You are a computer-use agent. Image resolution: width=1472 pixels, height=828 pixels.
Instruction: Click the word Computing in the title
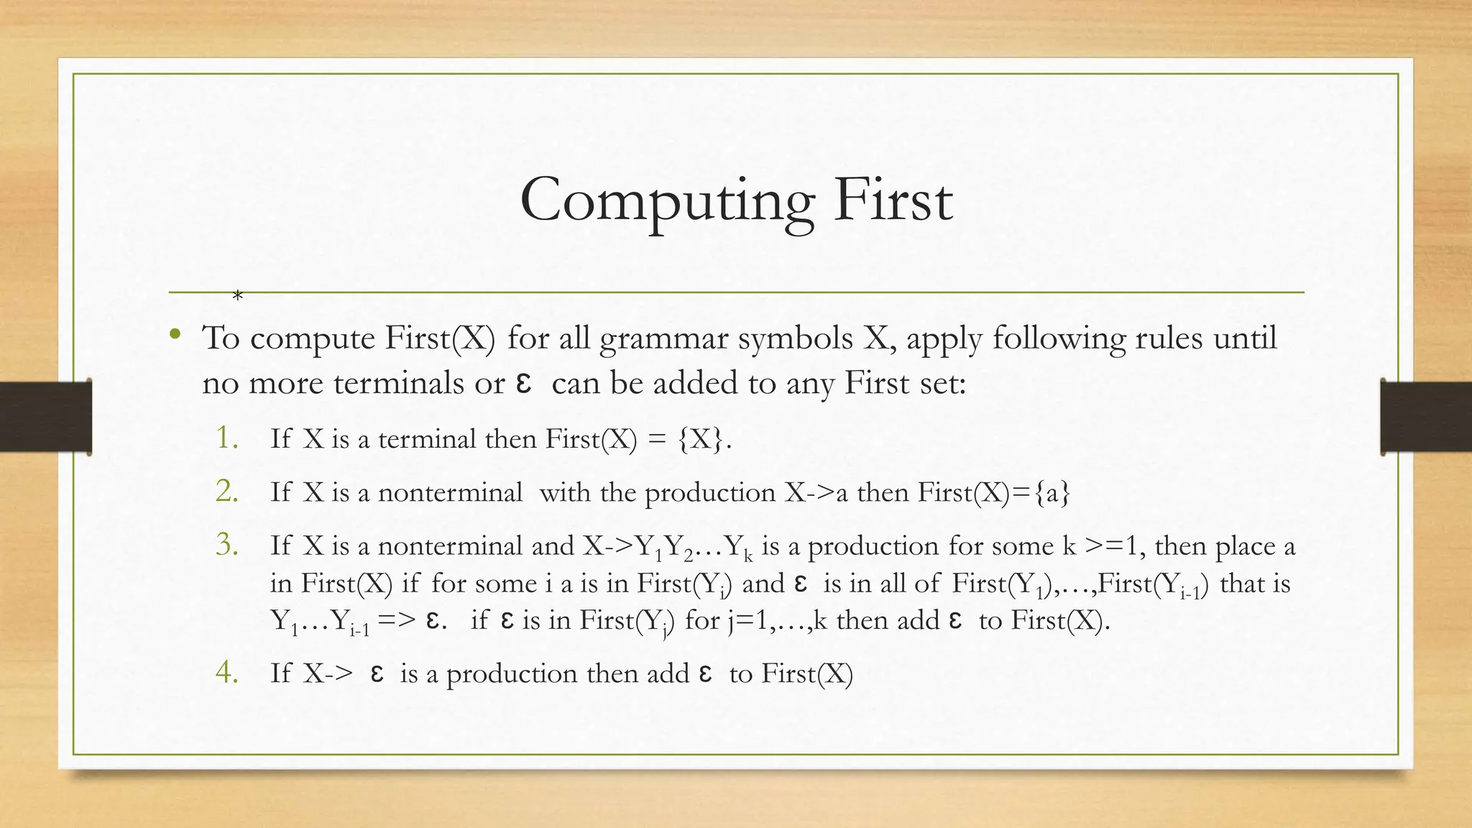[666, 201]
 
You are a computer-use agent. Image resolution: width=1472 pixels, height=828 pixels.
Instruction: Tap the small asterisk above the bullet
[238, 295]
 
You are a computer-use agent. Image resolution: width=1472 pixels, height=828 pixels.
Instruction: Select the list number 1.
[227, 437]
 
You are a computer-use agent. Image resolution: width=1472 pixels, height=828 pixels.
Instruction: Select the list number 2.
[227, 491]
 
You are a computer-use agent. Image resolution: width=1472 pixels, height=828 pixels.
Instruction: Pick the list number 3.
[227, 545]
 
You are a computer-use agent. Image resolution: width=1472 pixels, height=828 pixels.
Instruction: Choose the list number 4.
[227, 672]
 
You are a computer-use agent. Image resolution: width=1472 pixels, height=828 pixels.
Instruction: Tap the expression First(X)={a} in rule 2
[994, 493]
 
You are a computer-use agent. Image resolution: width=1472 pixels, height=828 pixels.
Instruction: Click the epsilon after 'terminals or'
[524, 382]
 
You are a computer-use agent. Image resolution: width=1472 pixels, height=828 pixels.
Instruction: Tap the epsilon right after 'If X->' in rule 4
[377, 673]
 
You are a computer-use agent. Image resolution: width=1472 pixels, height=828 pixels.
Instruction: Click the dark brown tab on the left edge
[45, 417]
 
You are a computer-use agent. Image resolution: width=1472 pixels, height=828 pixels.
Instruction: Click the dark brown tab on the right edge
[1426, 417]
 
